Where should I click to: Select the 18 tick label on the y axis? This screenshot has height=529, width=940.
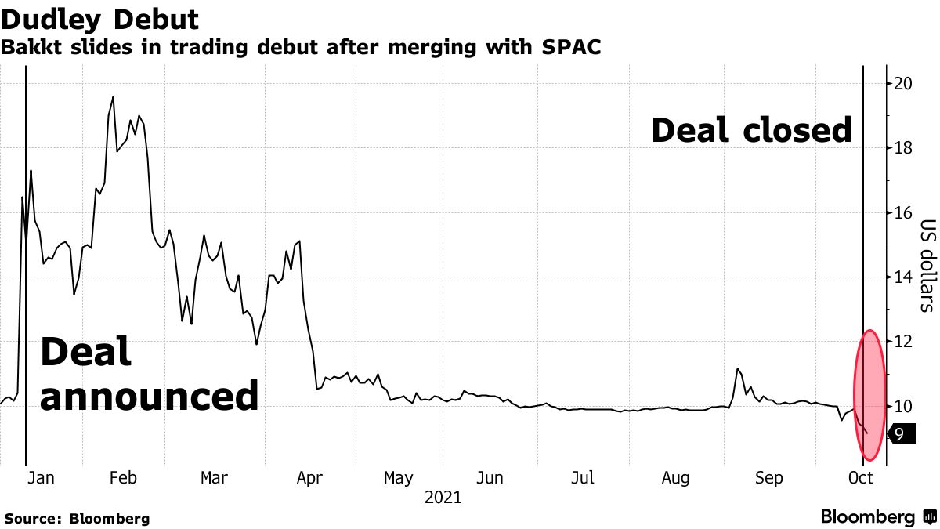coord(902,148)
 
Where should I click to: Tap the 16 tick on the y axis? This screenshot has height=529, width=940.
coord(902,212)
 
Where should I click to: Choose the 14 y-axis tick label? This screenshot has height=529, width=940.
coord(902,277)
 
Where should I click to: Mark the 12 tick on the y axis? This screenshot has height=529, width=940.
coord(902,342)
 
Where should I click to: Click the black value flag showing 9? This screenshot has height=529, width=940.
coord(901,433)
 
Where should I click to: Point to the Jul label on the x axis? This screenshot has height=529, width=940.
coord(582,478)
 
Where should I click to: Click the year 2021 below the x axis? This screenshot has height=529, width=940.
coord(443,498)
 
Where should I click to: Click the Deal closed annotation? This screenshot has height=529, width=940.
coord(750,130)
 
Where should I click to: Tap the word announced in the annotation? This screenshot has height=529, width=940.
coord(149,397)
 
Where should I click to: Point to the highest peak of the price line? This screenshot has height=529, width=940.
coord(113,97)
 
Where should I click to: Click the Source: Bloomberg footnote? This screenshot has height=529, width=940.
coord(76,518)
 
